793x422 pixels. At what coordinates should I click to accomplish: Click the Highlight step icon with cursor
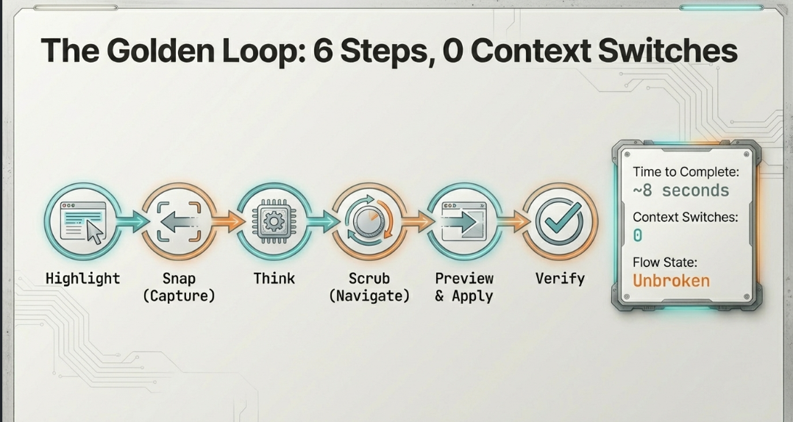[82, 221]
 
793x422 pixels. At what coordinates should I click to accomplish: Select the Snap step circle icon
[178, 221]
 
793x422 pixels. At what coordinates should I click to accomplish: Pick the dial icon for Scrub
[369, 221]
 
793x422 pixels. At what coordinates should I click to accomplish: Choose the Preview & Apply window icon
[465, 221]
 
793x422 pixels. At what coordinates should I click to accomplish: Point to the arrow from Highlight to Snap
[132, 221]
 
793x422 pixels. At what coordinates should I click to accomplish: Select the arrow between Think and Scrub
[321, 221]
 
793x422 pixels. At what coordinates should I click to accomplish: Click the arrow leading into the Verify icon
[514, 221]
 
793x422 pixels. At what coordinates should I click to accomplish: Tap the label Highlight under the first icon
[82, 279]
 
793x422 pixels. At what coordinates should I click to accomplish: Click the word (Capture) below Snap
[179, 296]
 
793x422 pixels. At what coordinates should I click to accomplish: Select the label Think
[274, 279]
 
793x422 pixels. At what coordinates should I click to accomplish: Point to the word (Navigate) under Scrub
[369, 296]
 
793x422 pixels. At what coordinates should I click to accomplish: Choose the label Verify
[560, 279]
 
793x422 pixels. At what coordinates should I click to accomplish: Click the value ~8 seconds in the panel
[681, 191]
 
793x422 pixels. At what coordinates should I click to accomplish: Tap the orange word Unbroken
[671, 281]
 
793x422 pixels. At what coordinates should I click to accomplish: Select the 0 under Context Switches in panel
[638, 235]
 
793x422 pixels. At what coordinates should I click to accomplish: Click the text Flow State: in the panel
[666, 261]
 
